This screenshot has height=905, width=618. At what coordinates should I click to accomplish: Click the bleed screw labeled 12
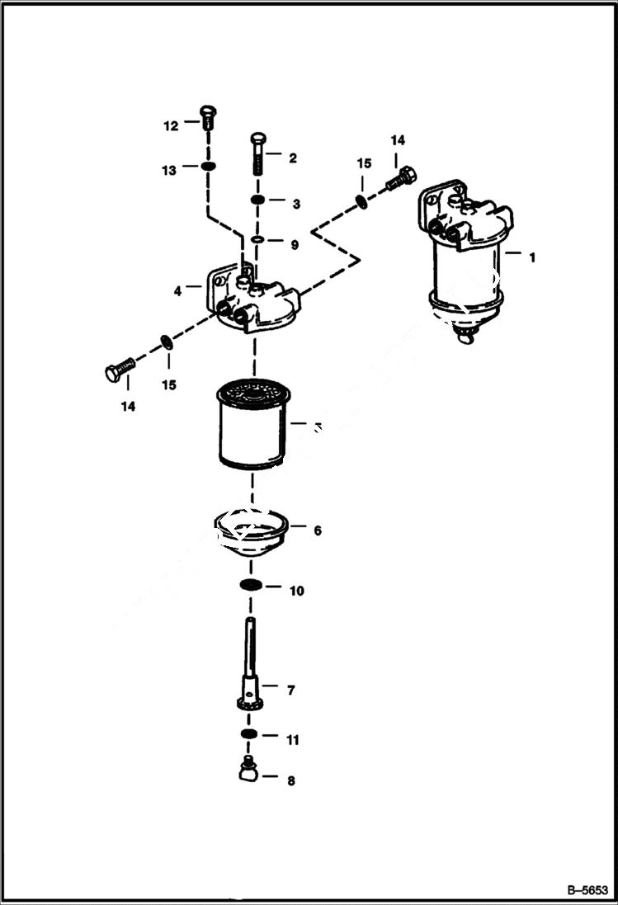[x=207, y=118]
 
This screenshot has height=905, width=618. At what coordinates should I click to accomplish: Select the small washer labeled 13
[x=208, y=168]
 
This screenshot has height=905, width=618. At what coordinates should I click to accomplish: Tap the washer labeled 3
[x=257, y=200]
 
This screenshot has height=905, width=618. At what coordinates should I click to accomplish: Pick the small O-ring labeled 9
[x=257, y=240]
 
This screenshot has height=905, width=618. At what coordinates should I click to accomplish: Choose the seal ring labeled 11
[x=249, y=734]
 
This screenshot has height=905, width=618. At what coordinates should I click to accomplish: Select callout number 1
[x=532, y=257]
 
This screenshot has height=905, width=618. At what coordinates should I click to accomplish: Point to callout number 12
[x=170, y=126]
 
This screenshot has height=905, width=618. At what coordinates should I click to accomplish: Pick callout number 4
[x=177, y=290]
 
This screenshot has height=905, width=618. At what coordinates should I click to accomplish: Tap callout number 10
[x=296, y=591]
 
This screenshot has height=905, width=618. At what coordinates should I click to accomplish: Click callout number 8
[x=290, y=780]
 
